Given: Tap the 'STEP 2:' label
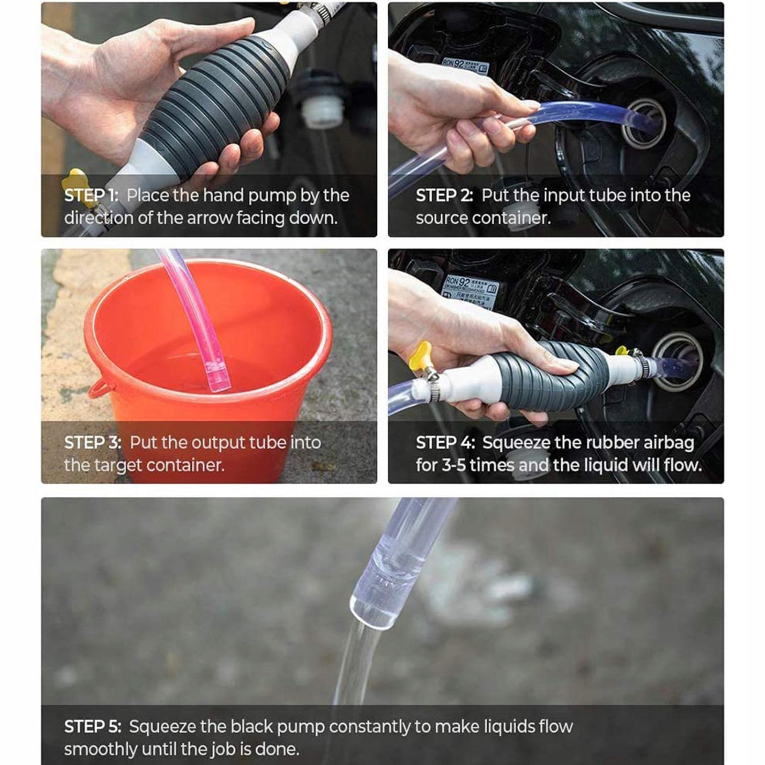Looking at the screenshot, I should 444,196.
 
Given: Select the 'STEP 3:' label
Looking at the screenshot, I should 92,443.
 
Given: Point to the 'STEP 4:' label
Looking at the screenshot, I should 445,443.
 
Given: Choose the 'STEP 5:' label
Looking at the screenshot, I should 92,727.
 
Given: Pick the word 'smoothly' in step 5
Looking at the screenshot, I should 100,749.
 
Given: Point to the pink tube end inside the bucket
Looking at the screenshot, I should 218,378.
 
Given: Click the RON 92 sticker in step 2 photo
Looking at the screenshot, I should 464,66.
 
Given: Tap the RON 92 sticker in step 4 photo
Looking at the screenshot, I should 471,289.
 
